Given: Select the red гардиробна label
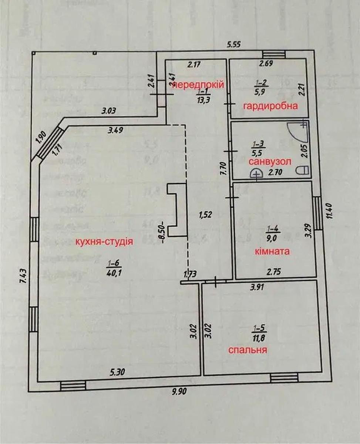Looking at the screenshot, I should [270, 107].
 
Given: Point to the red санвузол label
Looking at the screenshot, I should [269, 162].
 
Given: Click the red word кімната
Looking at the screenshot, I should [272, 252].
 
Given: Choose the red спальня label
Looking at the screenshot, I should [248, 350].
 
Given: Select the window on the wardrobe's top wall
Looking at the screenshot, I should [274, 54].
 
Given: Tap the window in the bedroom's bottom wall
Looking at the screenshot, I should [284, 378].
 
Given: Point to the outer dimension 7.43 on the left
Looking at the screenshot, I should [22, 276].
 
